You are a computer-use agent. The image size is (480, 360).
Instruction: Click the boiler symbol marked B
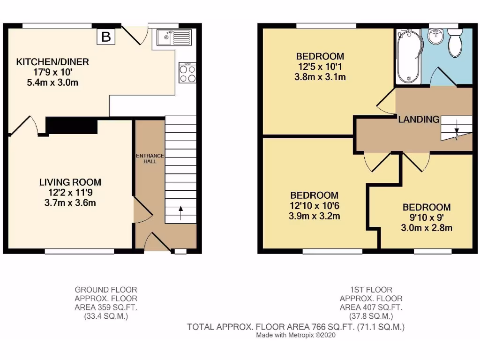106,37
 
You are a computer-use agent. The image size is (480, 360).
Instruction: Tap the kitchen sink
174,37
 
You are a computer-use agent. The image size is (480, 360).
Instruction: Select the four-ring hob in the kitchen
187,73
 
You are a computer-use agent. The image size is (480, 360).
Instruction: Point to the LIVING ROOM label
70,182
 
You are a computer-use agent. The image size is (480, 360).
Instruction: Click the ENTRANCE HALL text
150,158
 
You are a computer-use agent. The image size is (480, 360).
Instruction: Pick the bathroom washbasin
436,35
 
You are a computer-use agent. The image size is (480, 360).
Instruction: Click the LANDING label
419,120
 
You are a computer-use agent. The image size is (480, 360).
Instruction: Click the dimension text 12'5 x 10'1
320,67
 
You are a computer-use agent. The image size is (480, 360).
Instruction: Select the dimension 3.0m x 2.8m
427,228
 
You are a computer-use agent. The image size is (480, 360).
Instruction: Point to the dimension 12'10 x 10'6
315,206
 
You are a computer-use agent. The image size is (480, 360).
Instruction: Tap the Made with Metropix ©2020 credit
296,336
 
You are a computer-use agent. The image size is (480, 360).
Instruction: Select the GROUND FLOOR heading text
106,290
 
